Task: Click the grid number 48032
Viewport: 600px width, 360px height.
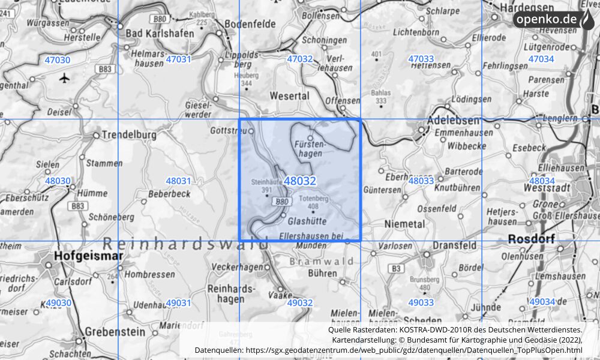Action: coord(299,181)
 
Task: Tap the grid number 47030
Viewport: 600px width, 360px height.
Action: coord(57,59)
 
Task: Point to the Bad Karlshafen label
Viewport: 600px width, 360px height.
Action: coord(159,34)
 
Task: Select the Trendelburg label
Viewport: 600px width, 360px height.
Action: coord(129,135)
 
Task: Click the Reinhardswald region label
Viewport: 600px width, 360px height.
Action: coord(186,243)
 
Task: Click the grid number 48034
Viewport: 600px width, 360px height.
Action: coord(541,181)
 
